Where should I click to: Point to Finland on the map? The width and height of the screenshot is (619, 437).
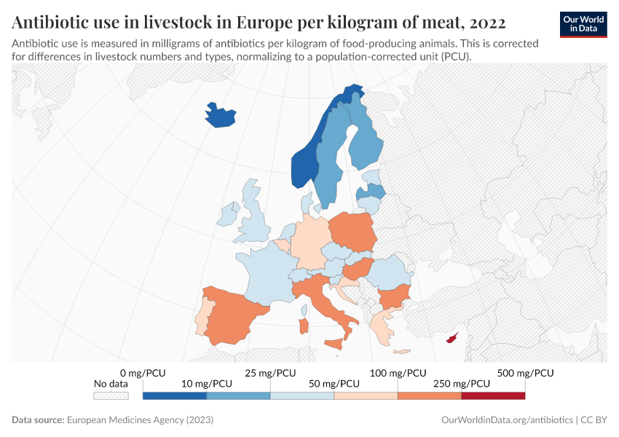tap(364, 142)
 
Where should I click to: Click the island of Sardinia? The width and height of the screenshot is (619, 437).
tap(304, 327)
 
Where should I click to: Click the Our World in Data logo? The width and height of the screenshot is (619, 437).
tap(583, 24)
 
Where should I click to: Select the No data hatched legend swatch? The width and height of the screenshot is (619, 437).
tap(111, 395)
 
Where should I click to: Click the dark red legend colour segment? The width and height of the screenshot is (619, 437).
tap(493, 395)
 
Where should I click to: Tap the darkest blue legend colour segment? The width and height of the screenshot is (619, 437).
tap(175, 395)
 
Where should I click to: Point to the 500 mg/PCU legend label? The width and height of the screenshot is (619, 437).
tap(525, 373)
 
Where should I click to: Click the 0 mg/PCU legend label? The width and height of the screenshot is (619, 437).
tap(143, 373)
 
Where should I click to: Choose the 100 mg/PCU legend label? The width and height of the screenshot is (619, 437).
tap(398, 373)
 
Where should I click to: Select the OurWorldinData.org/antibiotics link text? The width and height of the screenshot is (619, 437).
tap(507, 420)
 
